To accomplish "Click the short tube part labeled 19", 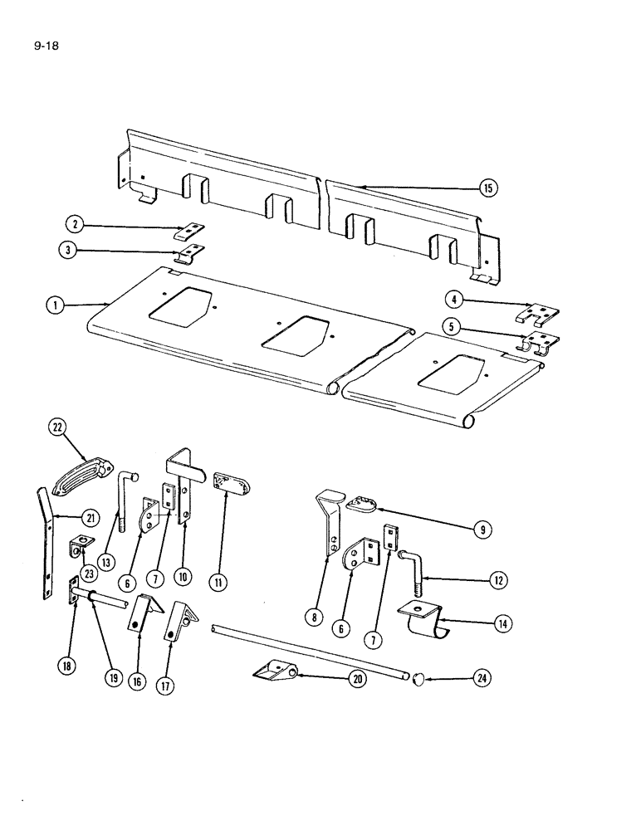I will pyautogui.click(x=106, y=594).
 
